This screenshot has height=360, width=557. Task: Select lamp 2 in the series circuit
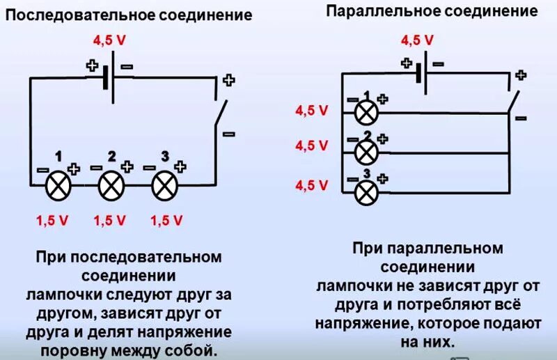click(x=110, y=185)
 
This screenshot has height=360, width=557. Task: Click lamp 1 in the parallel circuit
click(x=366, y=111)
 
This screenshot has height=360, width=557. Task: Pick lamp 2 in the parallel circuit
click(x=366, y=151)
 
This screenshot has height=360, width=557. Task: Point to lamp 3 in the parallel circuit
click(x=366, y=190)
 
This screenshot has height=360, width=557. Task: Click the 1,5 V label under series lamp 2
click(x=110, y=221)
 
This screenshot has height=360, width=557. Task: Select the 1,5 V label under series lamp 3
click(x=166, y=221)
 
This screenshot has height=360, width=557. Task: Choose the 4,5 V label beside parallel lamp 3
click(x=311, y=185)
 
